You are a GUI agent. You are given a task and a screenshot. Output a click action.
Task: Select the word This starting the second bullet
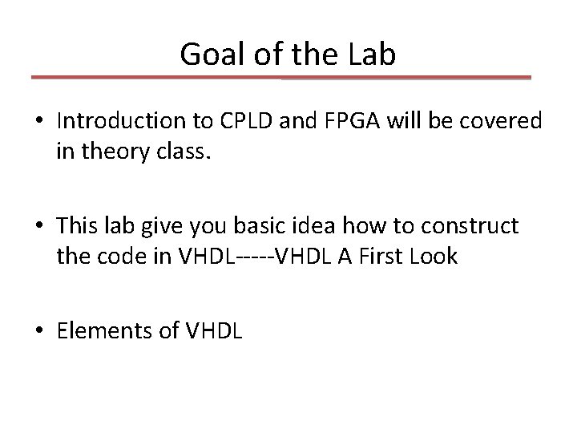77,227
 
